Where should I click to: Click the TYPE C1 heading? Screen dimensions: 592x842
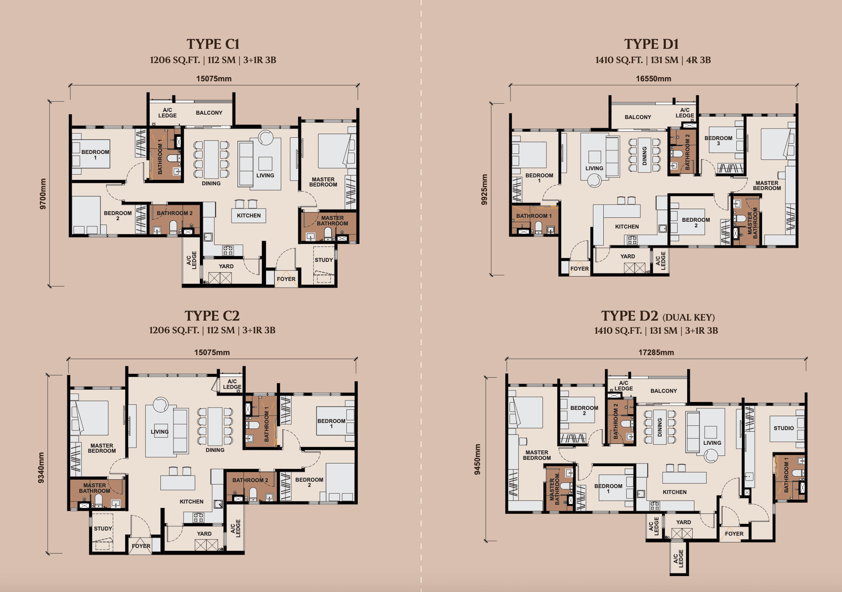(213, 44)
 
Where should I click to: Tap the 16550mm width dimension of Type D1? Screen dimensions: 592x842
(653, 79)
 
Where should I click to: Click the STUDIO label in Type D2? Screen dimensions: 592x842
(784, 428)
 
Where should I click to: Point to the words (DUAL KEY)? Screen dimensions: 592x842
(689, 317)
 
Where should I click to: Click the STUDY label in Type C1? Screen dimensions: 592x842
(324, 260)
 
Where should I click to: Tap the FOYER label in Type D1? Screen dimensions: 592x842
(579, 269)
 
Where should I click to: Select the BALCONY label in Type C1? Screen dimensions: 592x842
(209, 113)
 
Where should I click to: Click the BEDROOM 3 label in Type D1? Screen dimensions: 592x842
(718, 140)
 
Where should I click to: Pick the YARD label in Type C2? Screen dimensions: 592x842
(204, 534)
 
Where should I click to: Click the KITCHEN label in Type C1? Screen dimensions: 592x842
(249, 215)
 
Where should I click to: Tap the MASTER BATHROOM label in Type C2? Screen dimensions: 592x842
(95, 488)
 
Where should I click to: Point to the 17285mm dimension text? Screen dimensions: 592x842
(656, 352)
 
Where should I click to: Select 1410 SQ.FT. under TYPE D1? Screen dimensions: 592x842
(619, 60)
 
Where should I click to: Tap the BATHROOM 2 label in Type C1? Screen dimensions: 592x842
(174, 213)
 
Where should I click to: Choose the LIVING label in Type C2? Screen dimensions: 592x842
(160, 432)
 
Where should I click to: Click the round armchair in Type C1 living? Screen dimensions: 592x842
(265, 138)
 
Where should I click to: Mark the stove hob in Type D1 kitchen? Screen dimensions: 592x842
(632, 240)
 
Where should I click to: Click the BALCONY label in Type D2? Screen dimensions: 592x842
(664, 391)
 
